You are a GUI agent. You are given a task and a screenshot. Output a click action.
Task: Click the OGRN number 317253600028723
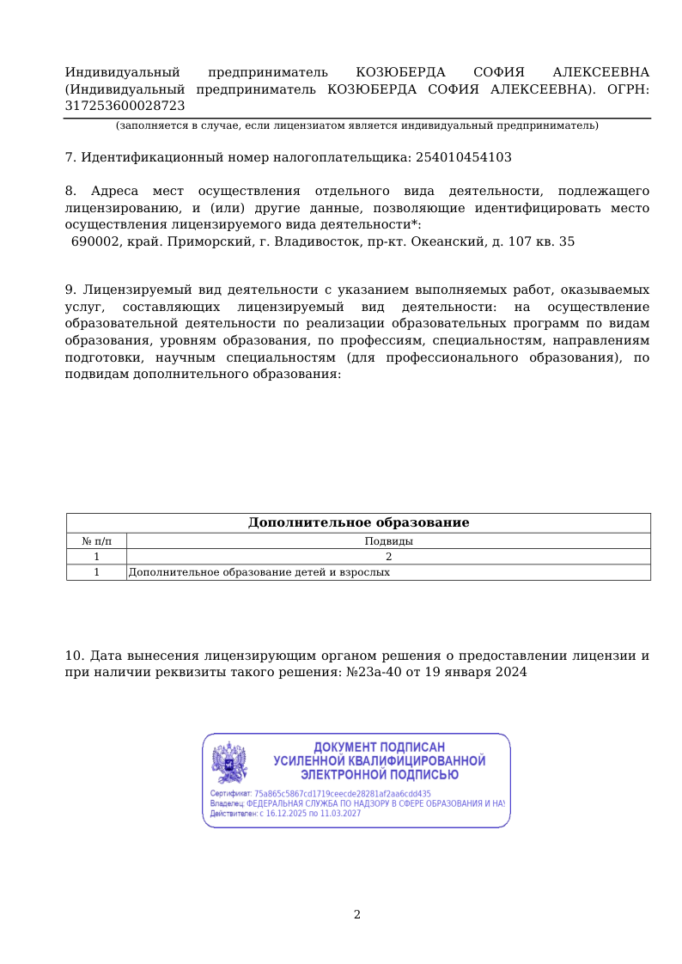click(x=125, y=106)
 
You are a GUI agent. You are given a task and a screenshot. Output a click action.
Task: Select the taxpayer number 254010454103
click(x=463, y=157)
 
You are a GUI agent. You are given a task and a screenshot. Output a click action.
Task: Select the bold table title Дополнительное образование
click(x=358, y=522)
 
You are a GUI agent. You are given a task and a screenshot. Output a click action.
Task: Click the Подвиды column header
click(x=388, y=541)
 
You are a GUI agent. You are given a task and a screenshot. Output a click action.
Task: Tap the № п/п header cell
click(x=96, y=541)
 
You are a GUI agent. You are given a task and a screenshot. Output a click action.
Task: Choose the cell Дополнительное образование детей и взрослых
click(x=259, y=572)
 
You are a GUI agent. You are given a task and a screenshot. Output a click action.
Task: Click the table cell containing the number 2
click(x=388, y=557)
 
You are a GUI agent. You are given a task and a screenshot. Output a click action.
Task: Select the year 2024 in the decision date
click(x=510, y=673)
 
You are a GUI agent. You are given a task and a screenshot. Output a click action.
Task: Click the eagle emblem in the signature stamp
click(x=229, y=761)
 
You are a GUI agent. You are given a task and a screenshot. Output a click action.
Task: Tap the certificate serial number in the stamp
click(x=343, y=794)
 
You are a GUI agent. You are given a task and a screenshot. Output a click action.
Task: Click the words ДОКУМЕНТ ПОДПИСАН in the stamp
click(x=379, y=747)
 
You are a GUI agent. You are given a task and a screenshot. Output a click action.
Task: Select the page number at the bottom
click(x=357, y=915)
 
